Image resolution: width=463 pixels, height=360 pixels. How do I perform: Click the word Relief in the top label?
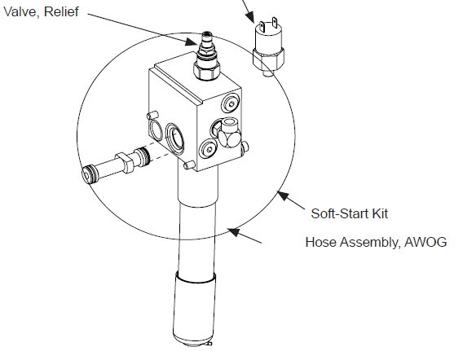pyautogui.click(x=61, y=11)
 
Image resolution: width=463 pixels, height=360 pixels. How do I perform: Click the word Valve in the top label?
pyautogui.click(x=21, y=11)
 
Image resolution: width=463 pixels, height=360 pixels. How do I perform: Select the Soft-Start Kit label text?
pyautogui.click(x=350, y=213)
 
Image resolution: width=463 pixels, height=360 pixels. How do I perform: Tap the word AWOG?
pyautogui.click(x=426, y=242)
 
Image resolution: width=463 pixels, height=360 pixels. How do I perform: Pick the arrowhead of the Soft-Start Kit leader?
pyautogui.click(x=283, y=195)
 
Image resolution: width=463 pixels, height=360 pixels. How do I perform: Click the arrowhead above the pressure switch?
pyautogui.click(x=250, y=17)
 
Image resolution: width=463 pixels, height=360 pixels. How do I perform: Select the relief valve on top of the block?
pyautogui.click(x=207, y=56)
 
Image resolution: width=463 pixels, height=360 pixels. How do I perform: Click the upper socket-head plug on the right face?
pyautogui.click(x=231, y=103)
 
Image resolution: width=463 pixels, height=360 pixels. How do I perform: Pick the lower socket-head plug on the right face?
pyautogui.click(x=209, y=149)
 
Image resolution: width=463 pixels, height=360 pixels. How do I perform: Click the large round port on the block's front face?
pyautogui.click(x=174, y=138)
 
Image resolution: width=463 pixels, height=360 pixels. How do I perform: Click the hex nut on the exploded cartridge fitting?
pyautogui.click(x=126, y=162)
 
